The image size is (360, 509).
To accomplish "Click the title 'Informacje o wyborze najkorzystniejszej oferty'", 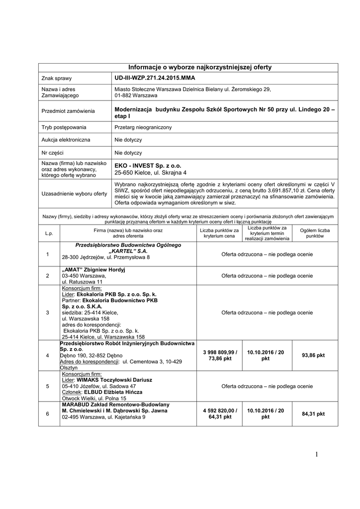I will point(200,67).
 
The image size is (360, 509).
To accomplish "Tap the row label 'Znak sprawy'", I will point(57,79).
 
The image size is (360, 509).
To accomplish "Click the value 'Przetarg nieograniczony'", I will point(143,128).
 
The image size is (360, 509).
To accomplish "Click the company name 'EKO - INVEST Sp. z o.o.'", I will point(148,166).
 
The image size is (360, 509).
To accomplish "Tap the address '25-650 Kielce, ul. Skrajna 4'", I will point(150,173).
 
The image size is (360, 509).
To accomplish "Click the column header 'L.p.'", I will point(49,233).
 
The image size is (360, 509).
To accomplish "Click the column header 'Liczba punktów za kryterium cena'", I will point(219,233).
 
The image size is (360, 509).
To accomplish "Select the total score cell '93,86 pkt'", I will point(313,355).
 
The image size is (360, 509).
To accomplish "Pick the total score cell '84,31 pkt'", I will point(313,414).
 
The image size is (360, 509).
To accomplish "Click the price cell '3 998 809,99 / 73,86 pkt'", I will point(219,355).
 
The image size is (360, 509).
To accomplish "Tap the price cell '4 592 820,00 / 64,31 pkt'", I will point(219,414).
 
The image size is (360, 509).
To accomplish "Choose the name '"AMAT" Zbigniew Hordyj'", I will point(93,269).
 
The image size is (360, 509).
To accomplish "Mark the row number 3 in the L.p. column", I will point(47,313).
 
